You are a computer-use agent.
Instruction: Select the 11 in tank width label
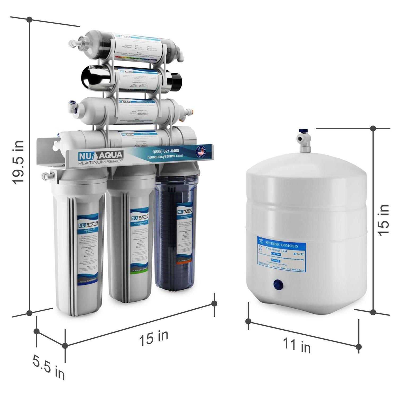[x=297, y=345]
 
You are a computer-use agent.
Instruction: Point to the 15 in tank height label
[x=384, y=220]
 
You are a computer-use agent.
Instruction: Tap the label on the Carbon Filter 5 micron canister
[x=88, y=249]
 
